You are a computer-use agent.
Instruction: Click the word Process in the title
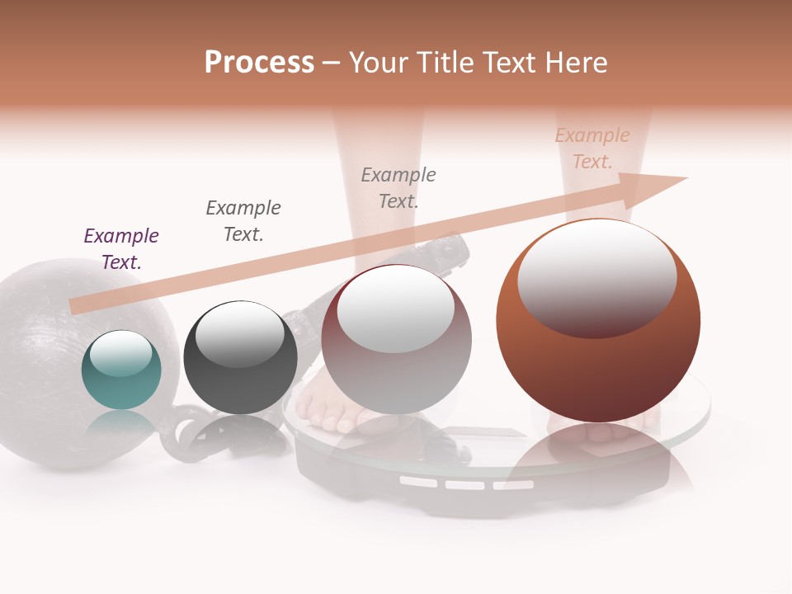(259, 63)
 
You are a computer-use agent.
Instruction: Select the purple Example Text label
(121, 248)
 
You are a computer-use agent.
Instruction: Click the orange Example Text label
(592, 148)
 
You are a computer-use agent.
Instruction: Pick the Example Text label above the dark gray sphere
(243, 220)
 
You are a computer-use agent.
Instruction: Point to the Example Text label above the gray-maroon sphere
(398, 187)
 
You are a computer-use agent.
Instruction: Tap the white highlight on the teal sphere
(121, 353)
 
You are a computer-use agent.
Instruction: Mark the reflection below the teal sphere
(121, 425)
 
